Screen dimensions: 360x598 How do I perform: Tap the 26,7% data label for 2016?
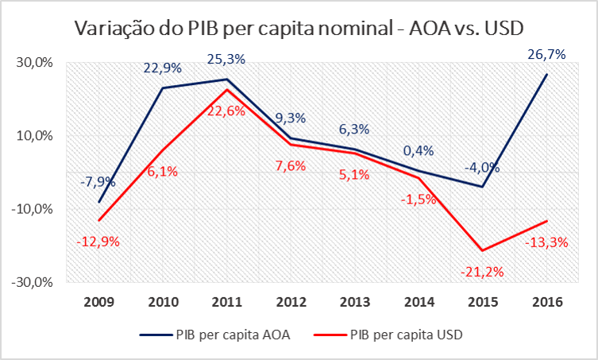pos(546,55)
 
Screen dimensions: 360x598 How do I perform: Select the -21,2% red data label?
pos(481,272)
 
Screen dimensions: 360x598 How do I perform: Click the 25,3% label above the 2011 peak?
pos(226,59)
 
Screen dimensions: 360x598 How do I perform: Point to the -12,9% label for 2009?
pos(98,241)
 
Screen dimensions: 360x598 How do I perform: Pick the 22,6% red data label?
pos(226,111)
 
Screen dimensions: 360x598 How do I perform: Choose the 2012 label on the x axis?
pos(291,303)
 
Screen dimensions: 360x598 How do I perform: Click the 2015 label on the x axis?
pos(483,303)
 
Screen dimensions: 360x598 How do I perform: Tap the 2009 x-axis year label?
pos(98,303)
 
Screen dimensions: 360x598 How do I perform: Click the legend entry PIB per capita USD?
pos(405,335)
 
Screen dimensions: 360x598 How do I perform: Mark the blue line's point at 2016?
pos(546,75)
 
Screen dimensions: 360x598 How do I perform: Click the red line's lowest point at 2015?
pos(483,250)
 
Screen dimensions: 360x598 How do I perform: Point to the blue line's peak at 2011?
pos(226,79)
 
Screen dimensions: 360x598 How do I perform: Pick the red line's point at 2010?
pos(163,149)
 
